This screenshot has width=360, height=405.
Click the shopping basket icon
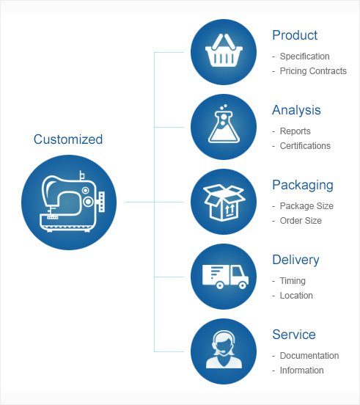[x=224, y=51]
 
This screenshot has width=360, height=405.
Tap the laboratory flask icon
[x=224, y=124]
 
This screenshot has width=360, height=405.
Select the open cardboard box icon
[x=224, y=202]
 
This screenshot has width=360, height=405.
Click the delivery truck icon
[x=225, y=277]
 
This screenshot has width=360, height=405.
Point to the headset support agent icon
[x=224, y=350]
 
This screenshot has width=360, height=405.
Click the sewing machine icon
[x=73, y=202]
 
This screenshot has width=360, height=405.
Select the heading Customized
[x=68, y=139]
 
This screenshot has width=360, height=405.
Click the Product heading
[x=295, y=35]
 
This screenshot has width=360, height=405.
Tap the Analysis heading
[x=296, y=110]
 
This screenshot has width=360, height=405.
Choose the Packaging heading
[x=303, y=185]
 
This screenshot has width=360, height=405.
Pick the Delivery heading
[x=295, y=260]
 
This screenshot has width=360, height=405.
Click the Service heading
[x=294, y=335]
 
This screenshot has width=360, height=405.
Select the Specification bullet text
[x=304, y=56]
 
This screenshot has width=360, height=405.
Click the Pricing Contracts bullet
[x=313, y=71]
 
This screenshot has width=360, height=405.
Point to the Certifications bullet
[x=305, y=146]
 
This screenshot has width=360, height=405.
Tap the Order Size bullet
[x=301, y=221]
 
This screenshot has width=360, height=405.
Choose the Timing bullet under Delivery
[x=293, y=281]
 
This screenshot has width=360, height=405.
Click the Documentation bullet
[x=309, y=356]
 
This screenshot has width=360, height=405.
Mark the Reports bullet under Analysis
[x=295, y=131]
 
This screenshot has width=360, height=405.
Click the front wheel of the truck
[x=243, y=285]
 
